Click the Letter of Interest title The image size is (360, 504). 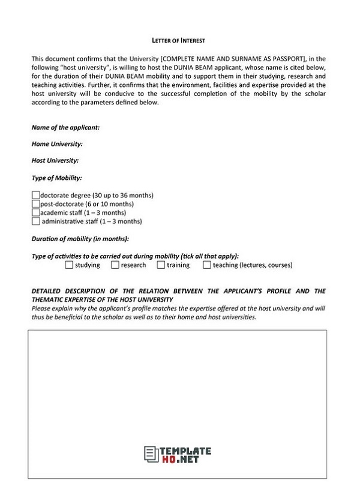179,40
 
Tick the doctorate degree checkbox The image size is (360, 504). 35,195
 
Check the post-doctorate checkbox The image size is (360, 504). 35,204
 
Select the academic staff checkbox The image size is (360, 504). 35,212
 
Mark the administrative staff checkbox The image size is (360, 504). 35,221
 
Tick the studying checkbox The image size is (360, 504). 69,265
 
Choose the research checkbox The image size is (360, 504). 115,265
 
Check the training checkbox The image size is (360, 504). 161,265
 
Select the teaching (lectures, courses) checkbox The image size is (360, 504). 207,265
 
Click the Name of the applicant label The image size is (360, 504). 65,128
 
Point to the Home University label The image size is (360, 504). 57,144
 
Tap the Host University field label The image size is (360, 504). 55,161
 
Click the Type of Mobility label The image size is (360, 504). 56,178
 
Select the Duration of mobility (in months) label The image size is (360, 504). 80,239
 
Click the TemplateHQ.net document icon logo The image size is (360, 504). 150,454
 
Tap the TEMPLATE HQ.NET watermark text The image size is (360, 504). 186,454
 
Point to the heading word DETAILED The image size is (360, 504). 47,291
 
